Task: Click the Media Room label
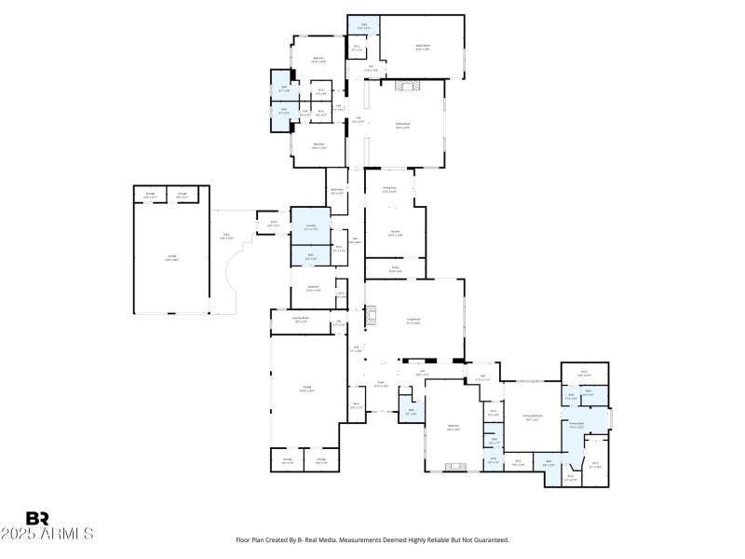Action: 422,48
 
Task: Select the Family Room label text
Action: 403,125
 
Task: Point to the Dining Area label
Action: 389,189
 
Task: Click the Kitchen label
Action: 395,233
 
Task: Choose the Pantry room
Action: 395,269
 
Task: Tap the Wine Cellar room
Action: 337,193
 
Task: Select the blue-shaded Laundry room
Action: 311,226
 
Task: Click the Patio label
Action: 225,237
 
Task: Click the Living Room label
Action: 413,321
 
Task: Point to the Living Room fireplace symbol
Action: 371,316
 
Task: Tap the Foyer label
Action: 380,385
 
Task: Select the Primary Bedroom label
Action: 533,419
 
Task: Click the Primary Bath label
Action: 576,425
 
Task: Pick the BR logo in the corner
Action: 37,518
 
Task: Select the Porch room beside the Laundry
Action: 274,225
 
